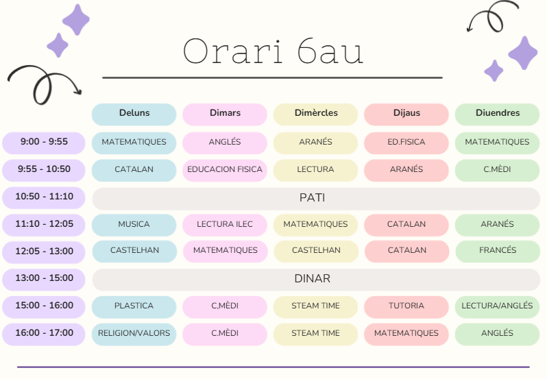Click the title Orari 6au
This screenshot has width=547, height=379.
pyautogui.click(x=273, y=51)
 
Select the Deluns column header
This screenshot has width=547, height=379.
pyautogui.click(x=134, y=114)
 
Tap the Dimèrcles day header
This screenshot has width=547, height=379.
pyautogui.click(x=316, y=114)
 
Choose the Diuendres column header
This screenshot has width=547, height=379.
pyautogui.click(x=497, y=114)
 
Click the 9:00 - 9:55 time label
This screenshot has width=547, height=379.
pyautogui.click(x=44, y=143)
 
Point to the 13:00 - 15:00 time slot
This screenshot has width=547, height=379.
pyautogui.click(x=44, y=280)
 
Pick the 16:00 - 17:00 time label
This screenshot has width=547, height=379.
pyautogui.click(x=44, y=334)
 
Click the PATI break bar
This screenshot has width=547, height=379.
pyautogui.click(x=316, y=199)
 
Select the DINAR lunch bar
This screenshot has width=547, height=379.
pyautogui.click(x=316, y=280)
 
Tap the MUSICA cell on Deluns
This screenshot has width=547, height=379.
pyautogui.click(x=134, y=225)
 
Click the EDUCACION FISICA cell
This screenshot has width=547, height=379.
pyautogui.click(x=225, y=171)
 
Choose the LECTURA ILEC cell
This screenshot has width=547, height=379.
pyautogui.click(x=225, y=225)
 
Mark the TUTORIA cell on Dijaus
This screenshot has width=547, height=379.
pyautogui.click(x=406, y=307)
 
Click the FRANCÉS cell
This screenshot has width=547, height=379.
pyautogui.click(x=498, y=251)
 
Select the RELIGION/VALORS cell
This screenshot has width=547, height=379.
pyautogui.click(x=134, y=334)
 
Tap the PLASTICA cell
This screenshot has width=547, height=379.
pyautogui.click(x=134, y=307)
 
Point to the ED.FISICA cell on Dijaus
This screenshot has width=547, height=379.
pyautogui.click(x=406, y=143)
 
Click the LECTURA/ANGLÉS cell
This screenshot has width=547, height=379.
pyautogui.click(x=497, y=307)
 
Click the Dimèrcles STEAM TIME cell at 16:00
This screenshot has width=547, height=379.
pyautogui.click(x=316, y=334)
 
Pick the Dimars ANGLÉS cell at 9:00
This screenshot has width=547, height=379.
pyautogui.click(x=225, y=143)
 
